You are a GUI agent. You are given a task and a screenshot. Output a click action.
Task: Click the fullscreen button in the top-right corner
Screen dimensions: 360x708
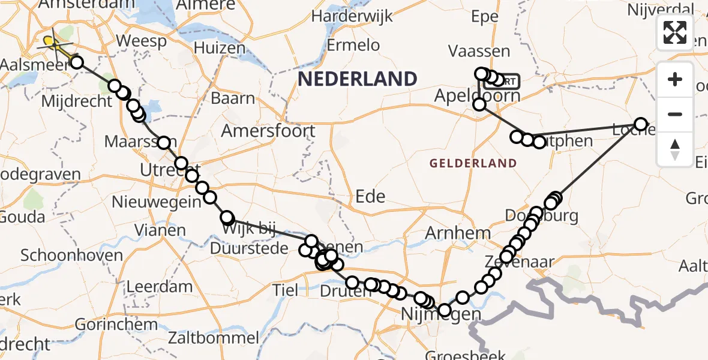click(x=675, y=32)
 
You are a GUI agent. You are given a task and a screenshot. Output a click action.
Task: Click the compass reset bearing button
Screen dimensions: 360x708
click(x=675, y=149)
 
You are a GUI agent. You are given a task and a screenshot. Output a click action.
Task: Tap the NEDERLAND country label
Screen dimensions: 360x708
click(x=358, y=79)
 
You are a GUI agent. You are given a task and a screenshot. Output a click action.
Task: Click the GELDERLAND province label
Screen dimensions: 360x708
click(x=473, y=163)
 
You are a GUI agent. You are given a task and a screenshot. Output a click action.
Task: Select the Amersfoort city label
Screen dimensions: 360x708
click(x=268, y=131)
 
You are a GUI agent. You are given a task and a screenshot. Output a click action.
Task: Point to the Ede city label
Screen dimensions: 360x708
click(x=370, y=196)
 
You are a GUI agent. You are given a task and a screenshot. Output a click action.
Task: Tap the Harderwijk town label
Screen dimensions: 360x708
click(x=352, y=16)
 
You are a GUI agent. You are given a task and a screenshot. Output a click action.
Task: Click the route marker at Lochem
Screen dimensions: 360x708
click(x=641, y=124)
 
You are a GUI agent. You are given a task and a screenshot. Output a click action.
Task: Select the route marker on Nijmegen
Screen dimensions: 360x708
click(x=444, y=310)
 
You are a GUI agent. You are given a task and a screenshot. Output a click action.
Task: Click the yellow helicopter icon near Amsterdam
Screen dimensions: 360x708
click(x=53, y=43)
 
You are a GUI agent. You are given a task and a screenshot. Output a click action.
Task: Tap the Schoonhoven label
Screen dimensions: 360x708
click(x=71, y=255)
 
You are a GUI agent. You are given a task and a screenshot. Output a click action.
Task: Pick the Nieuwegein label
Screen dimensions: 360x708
click(x=157, y=202)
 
